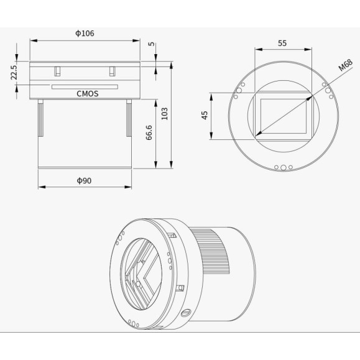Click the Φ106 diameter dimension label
85,33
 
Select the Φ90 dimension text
85,180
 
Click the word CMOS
87,94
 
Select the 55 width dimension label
282,44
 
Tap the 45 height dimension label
205,116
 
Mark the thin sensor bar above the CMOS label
83,86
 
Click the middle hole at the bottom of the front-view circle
284,167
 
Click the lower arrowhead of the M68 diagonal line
256,134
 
